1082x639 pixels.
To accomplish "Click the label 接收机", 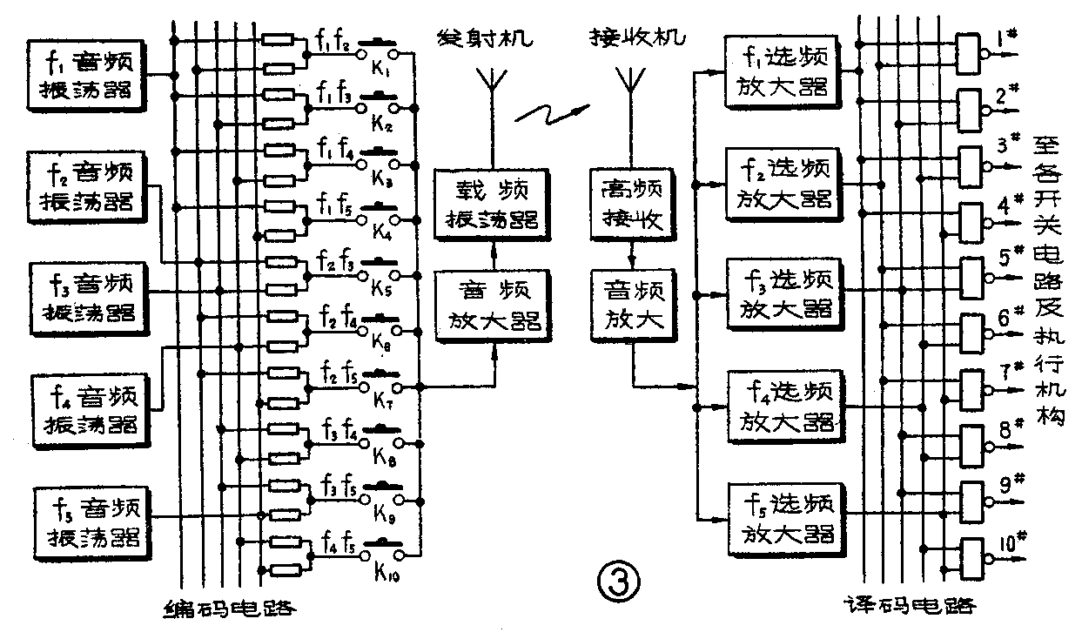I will pos(636,38).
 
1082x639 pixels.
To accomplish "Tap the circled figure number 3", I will pos(619,579).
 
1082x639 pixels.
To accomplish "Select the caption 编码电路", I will pos(229,608).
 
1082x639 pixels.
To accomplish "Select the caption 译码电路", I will pos(910,607).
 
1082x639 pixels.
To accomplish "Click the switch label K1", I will pos(383,70).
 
